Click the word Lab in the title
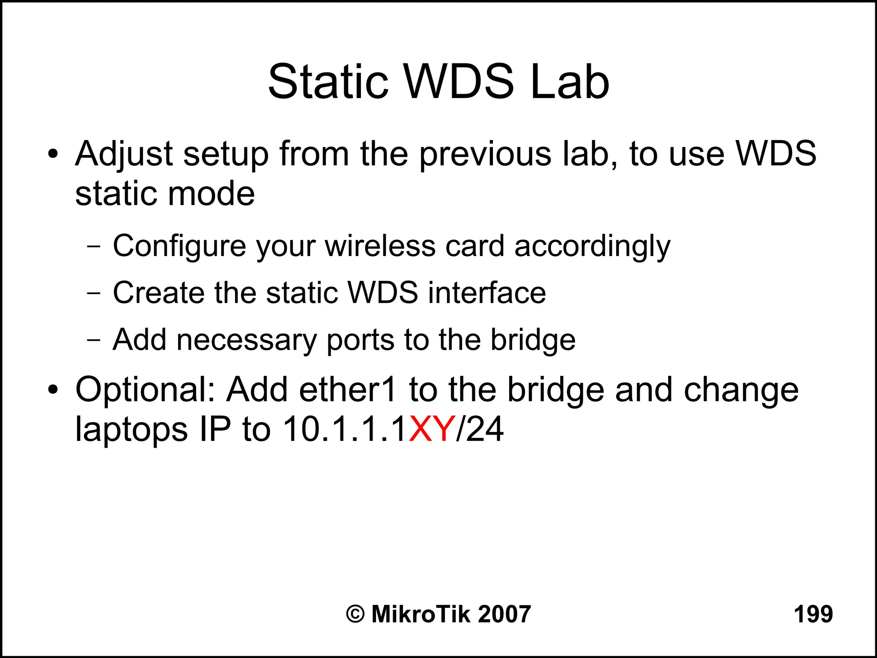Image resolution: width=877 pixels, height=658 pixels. [570, 82]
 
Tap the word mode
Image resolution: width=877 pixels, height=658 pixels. [212, 194]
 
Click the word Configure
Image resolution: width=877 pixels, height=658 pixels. [179, 247]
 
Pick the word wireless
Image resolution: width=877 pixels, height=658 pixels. [380, 247]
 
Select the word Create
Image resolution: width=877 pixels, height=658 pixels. [158, 293]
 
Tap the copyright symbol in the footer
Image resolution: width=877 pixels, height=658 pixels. [355, 614]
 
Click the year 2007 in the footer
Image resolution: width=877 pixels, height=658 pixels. [504, 614]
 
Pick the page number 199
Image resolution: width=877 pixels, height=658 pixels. [813, 614]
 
